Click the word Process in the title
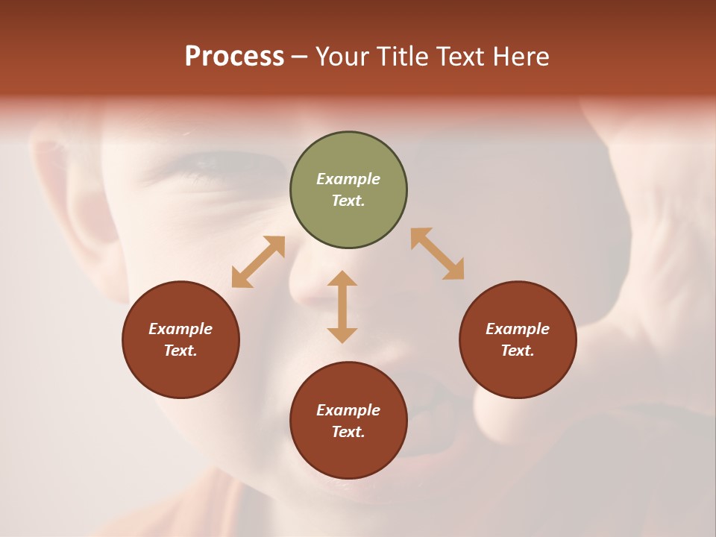point(234,57)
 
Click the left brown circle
point(180,339)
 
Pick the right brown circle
point(518,339)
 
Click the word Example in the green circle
point(348,179)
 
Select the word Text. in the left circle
point(180,351)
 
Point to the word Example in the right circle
point(518,329)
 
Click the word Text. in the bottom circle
point(348,432)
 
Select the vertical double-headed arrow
point(342,307)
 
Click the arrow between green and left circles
point(258,262)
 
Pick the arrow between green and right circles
point(438,254)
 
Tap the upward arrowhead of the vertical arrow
point(342,278)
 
